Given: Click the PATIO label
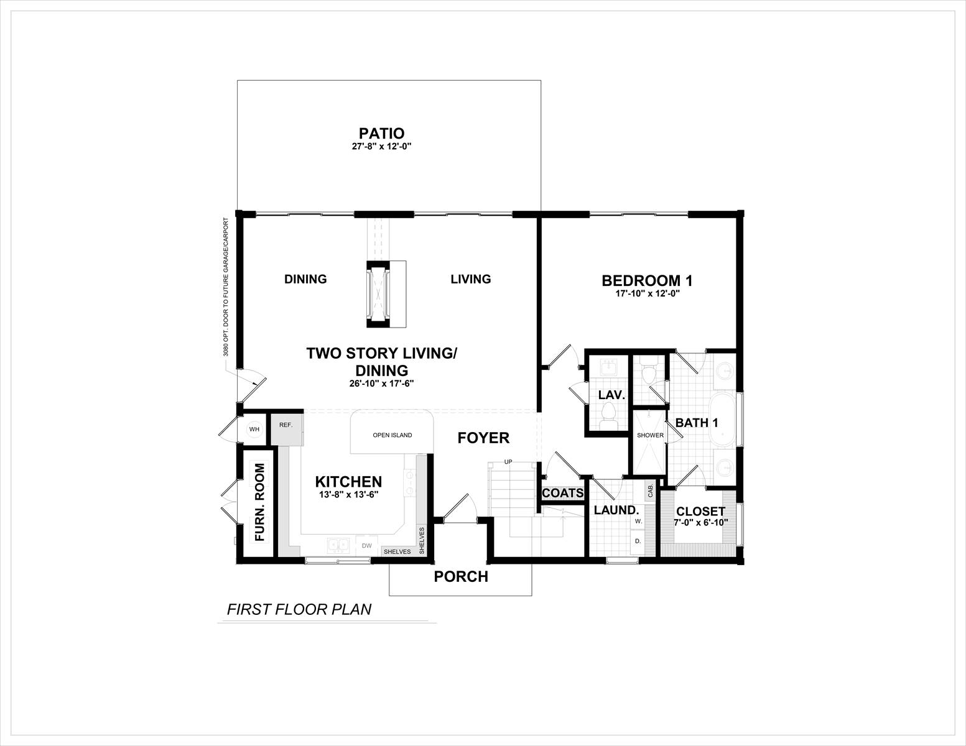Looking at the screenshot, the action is (x=381, y=133).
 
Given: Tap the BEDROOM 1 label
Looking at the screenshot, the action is (x=647, y=281).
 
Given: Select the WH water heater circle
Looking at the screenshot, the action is (x=254, y=429).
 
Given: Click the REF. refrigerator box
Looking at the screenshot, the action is (x=287, y=430).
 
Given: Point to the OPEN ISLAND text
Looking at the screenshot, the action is (x=392, y=435).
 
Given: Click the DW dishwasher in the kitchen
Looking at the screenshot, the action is (x=367, y=546).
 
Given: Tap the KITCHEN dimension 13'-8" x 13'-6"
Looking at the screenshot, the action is (x=348, y=494).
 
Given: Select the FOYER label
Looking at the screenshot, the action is (x=483, y=438).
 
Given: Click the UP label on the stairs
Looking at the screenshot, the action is (x=508, y=462).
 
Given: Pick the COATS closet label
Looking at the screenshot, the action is (x=562, y=493).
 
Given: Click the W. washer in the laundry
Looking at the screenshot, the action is (x=638, y=521).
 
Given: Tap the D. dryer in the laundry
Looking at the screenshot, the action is (x=638, y=541).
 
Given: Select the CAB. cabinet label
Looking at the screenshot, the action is (x=651, y=490).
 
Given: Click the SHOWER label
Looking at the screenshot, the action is (x=650, y=435).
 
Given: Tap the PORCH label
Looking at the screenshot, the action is (x=461, y=577).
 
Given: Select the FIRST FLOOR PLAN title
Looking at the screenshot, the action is (x=299, y=609).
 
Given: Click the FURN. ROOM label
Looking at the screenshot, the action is (x=259, y=502).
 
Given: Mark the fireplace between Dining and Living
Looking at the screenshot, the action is (x=378, y=294).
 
